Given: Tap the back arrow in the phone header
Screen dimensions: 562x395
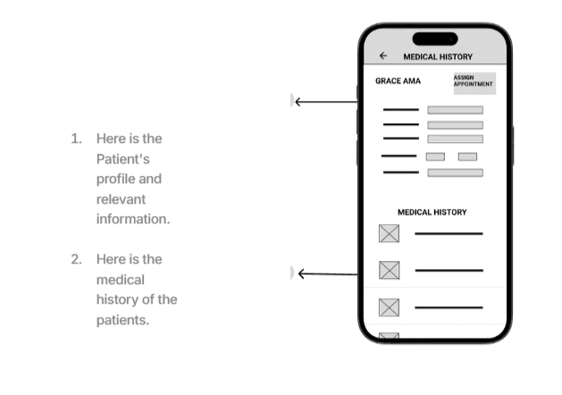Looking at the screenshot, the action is pos(383,55).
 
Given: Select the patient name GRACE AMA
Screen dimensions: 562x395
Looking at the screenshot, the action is pos(398,81).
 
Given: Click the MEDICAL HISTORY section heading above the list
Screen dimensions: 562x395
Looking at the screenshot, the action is pos(432,213).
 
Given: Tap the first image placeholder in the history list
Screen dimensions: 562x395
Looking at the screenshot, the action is pos(389,234).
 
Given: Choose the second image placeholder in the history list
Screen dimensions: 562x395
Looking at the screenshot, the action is pos(389,270).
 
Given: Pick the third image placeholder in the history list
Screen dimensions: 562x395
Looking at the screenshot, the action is pos(389,307).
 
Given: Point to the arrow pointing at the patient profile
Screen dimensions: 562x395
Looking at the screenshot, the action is pos(325,102).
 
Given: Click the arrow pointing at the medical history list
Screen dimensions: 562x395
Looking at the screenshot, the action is pos(327,273).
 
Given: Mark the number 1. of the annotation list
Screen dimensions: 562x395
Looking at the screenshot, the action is pos(77,139).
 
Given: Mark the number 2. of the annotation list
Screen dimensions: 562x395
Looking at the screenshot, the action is pos(77,259).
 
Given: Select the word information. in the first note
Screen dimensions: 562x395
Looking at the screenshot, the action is pos(133,219).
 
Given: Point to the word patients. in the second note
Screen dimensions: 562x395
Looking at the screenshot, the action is pos(122,320).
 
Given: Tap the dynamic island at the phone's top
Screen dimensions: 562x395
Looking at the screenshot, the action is pos(434,38).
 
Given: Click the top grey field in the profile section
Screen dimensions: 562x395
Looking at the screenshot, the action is pos(455,110).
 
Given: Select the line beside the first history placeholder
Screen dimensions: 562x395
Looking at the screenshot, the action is pos(449,234).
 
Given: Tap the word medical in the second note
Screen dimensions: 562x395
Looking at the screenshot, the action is pos(120,280).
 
